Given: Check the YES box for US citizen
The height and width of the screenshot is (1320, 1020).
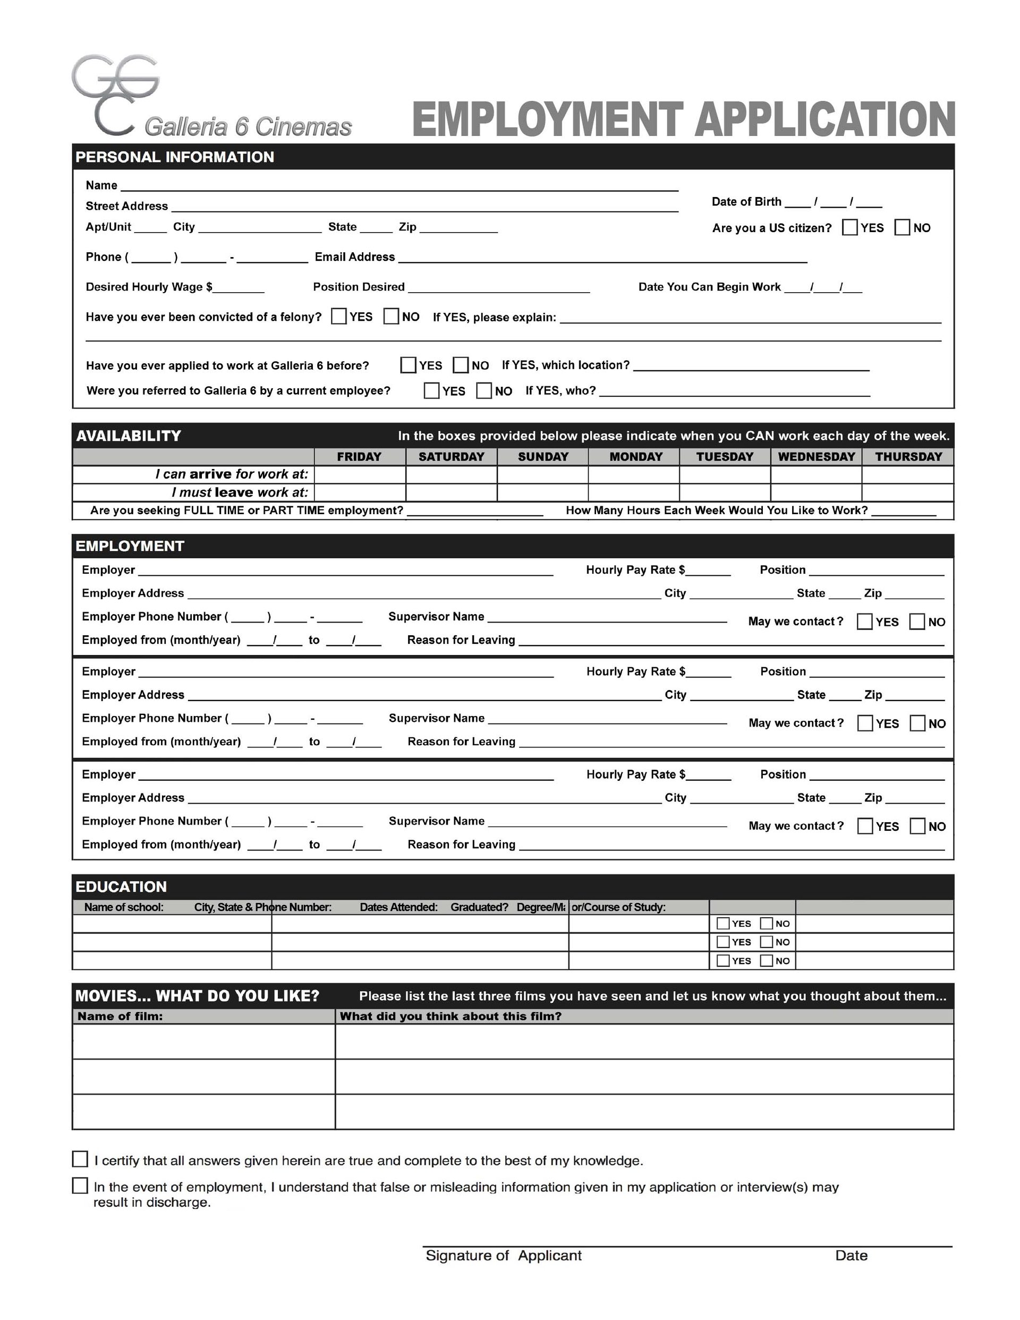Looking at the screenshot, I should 849,227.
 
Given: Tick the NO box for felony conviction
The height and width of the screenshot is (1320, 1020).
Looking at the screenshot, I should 391,316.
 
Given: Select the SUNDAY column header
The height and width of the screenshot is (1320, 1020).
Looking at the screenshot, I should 542,456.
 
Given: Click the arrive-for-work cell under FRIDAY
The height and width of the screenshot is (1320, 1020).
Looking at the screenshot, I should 360,474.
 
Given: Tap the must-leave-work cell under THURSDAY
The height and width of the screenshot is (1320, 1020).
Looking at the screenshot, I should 907,492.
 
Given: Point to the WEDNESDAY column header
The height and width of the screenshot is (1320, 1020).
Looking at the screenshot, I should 815,456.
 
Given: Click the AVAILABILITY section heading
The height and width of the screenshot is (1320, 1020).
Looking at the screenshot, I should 128,436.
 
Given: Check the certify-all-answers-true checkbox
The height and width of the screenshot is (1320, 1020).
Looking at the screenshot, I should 80,1159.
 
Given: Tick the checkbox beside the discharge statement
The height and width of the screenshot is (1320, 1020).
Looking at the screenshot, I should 80,1185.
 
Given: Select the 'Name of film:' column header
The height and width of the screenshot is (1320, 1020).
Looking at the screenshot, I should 120,1016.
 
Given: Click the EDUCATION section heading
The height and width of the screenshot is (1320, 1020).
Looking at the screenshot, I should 121,887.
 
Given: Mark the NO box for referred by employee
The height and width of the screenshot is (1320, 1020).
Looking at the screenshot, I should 483,390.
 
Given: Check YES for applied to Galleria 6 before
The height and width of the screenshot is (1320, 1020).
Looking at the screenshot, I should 408,365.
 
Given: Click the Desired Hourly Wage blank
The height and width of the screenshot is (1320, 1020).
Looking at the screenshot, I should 239,288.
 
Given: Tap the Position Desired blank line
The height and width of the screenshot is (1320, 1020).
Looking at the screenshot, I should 499,288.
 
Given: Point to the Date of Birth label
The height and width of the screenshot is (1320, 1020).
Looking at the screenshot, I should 746,201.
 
